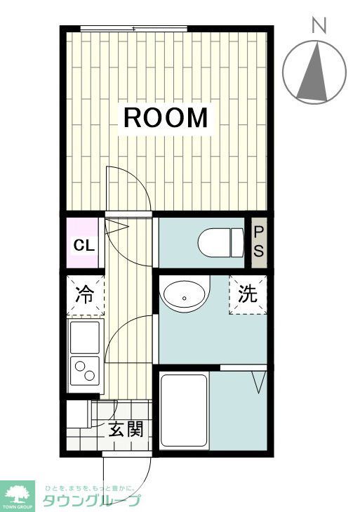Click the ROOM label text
coord(166,118)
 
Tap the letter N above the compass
coord(319,26)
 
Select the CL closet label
coord(84,246)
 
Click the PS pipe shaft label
coord(258,242)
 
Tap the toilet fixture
coord(218,243)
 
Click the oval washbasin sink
coord(185,296)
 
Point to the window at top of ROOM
coord(133,28)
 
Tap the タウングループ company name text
coord(91,500)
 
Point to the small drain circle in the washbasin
coord(184,298)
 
